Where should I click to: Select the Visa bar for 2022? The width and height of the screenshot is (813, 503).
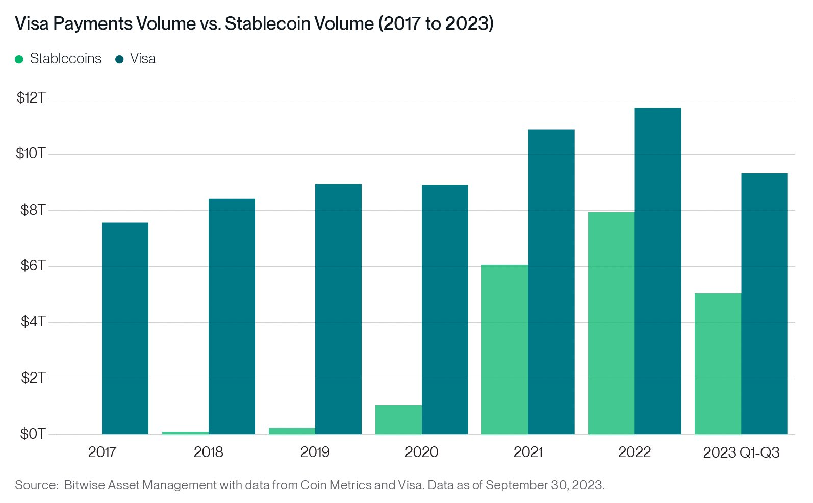[657, 271]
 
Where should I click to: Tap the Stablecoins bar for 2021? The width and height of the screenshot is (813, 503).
[504, 349]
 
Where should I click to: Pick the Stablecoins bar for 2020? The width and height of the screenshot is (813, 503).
[398, 419]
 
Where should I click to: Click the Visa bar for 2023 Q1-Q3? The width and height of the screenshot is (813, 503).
[764, 304]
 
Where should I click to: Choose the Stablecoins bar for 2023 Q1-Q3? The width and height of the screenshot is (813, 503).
[718, 364]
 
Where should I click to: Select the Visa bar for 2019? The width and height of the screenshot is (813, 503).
[338, 309]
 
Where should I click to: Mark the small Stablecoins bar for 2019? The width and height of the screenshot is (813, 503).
[292, 431]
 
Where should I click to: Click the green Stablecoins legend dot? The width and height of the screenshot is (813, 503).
[19, 59]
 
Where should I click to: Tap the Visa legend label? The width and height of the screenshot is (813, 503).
[142, 59]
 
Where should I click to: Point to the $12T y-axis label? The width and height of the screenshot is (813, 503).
[31, 97]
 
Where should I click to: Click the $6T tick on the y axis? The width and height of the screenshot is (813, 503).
[33, 265]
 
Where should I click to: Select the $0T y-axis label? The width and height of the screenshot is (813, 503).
[33, 434]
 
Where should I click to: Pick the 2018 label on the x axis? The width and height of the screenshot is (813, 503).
[208, 452]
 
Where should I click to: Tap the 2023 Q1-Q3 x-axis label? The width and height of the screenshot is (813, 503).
[741, 452]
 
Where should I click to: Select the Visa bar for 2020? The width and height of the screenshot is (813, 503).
[445, 309]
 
